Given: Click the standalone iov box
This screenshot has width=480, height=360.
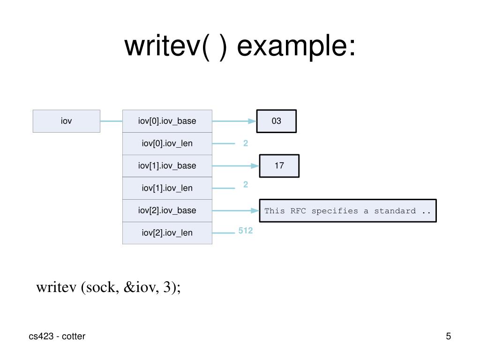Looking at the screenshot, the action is click(67, 121).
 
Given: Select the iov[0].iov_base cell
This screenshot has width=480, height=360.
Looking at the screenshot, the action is click(167, 121).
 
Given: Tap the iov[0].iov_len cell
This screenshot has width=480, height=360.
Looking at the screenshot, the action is click(167, 143).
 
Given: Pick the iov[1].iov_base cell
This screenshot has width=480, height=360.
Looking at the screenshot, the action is click(167, 166).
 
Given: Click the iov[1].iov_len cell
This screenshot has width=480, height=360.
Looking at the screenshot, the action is click(167, 188).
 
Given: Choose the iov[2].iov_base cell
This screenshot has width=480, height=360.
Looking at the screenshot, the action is click(167, 210).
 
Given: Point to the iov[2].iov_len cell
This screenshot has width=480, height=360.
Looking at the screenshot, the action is click(167, 233).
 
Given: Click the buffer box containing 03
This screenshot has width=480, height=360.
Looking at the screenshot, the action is click(277, 121).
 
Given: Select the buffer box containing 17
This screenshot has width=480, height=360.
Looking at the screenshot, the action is click(279, 166).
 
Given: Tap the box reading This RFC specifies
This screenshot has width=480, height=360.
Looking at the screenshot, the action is click(348, 210).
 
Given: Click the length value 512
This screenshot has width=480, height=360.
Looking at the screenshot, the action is click(246, 231).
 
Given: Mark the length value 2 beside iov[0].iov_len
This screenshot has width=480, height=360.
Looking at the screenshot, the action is click(246, 143).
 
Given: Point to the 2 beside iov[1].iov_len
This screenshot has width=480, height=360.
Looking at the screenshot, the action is click(246, 185).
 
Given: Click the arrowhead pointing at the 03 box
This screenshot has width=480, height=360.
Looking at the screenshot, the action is click(253, 121).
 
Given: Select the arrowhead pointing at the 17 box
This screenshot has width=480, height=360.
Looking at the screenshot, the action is click(255, 166).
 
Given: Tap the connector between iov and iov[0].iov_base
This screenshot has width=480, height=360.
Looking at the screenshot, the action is click(111, 121).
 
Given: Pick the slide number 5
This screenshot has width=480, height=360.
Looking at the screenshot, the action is click(449, 336).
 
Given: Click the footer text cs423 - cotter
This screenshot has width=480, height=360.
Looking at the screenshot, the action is click(57, 336).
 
